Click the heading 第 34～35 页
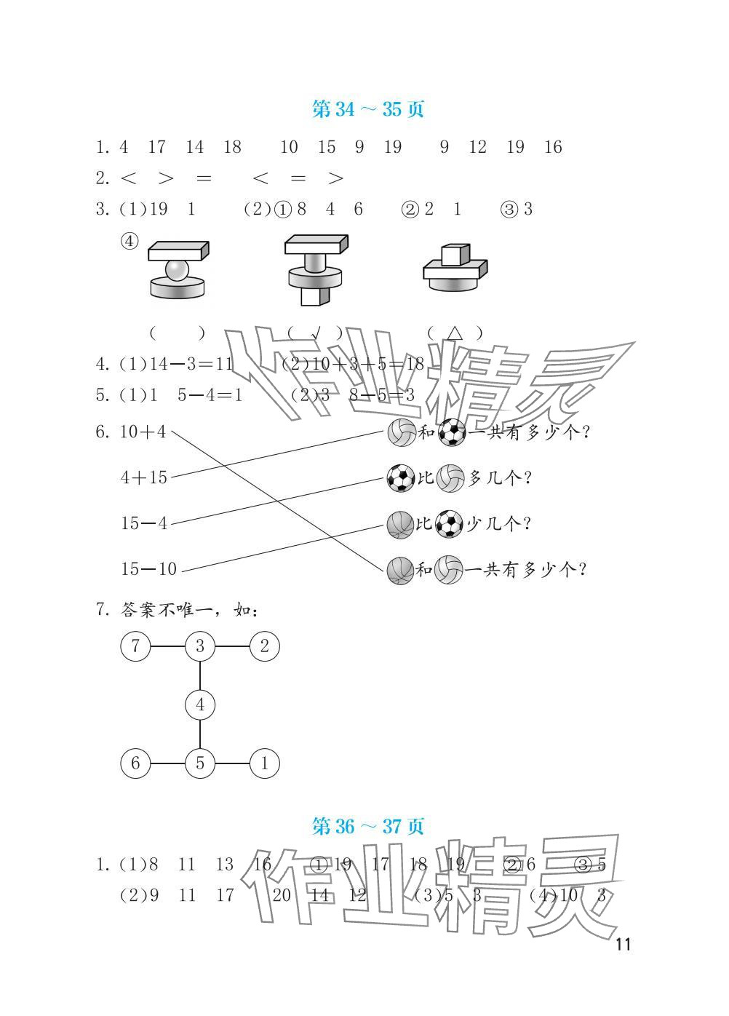tap(367, 109)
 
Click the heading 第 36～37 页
tap(367, 826)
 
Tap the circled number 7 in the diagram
tap(135, 646)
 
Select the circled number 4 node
tap(200, 705)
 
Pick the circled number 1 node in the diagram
tap(264, 763)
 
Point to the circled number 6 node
tap(135, 763)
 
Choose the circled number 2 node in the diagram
tap(264, 646)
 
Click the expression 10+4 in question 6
tap(143, 432)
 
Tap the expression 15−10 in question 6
tap(148, 569)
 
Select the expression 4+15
tap(143, 477)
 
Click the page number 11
tap(623, 945)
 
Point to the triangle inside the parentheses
tap(455, 333)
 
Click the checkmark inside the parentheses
tap(315, 333)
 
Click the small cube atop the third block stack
tap(451, 256)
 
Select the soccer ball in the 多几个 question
tap(400, 478)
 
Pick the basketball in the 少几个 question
tap(400, 524)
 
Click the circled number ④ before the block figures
tap(129, 242)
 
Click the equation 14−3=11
tap(191, 364)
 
